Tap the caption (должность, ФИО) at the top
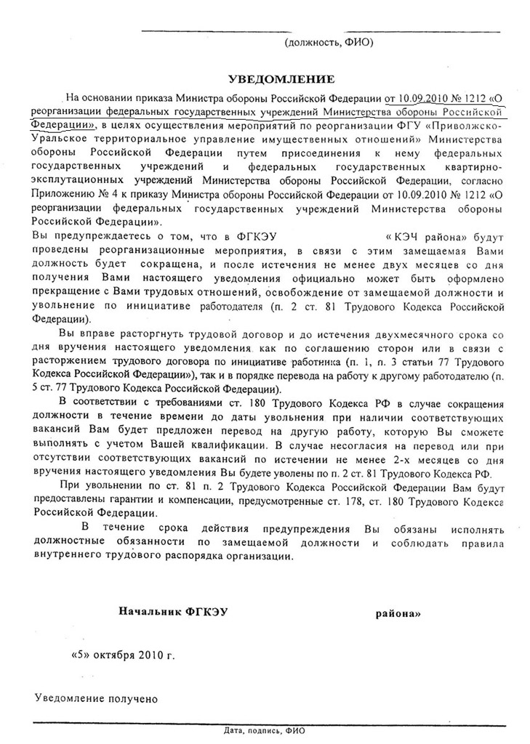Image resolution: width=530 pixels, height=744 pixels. (x=329, y=42)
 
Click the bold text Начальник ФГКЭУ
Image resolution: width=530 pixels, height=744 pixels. (x=173, y=612)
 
